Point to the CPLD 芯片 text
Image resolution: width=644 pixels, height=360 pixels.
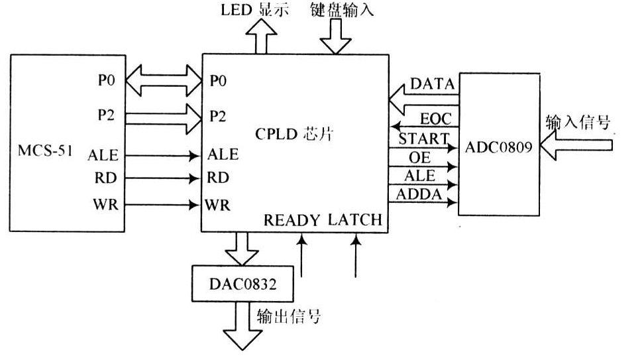pyautogui.click(x=294, y=133)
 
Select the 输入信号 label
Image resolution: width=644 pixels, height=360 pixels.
pyautogui.click(x=578, y=121)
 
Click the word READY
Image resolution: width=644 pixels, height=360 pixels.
pyautogui.click(x=292, y=220)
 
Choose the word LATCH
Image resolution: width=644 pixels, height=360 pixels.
pyautogui.click(x=356, y=220)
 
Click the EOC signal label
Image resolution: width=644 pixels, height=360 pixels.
pyautogui.click(x=436, y=119)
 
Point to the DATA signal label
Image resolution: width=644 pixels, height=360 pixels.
pyautogui.click(x=432, y=84)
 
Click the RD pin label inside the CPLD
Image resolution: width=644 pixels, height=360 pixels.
pyautogui.click(x=218, y=178)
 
